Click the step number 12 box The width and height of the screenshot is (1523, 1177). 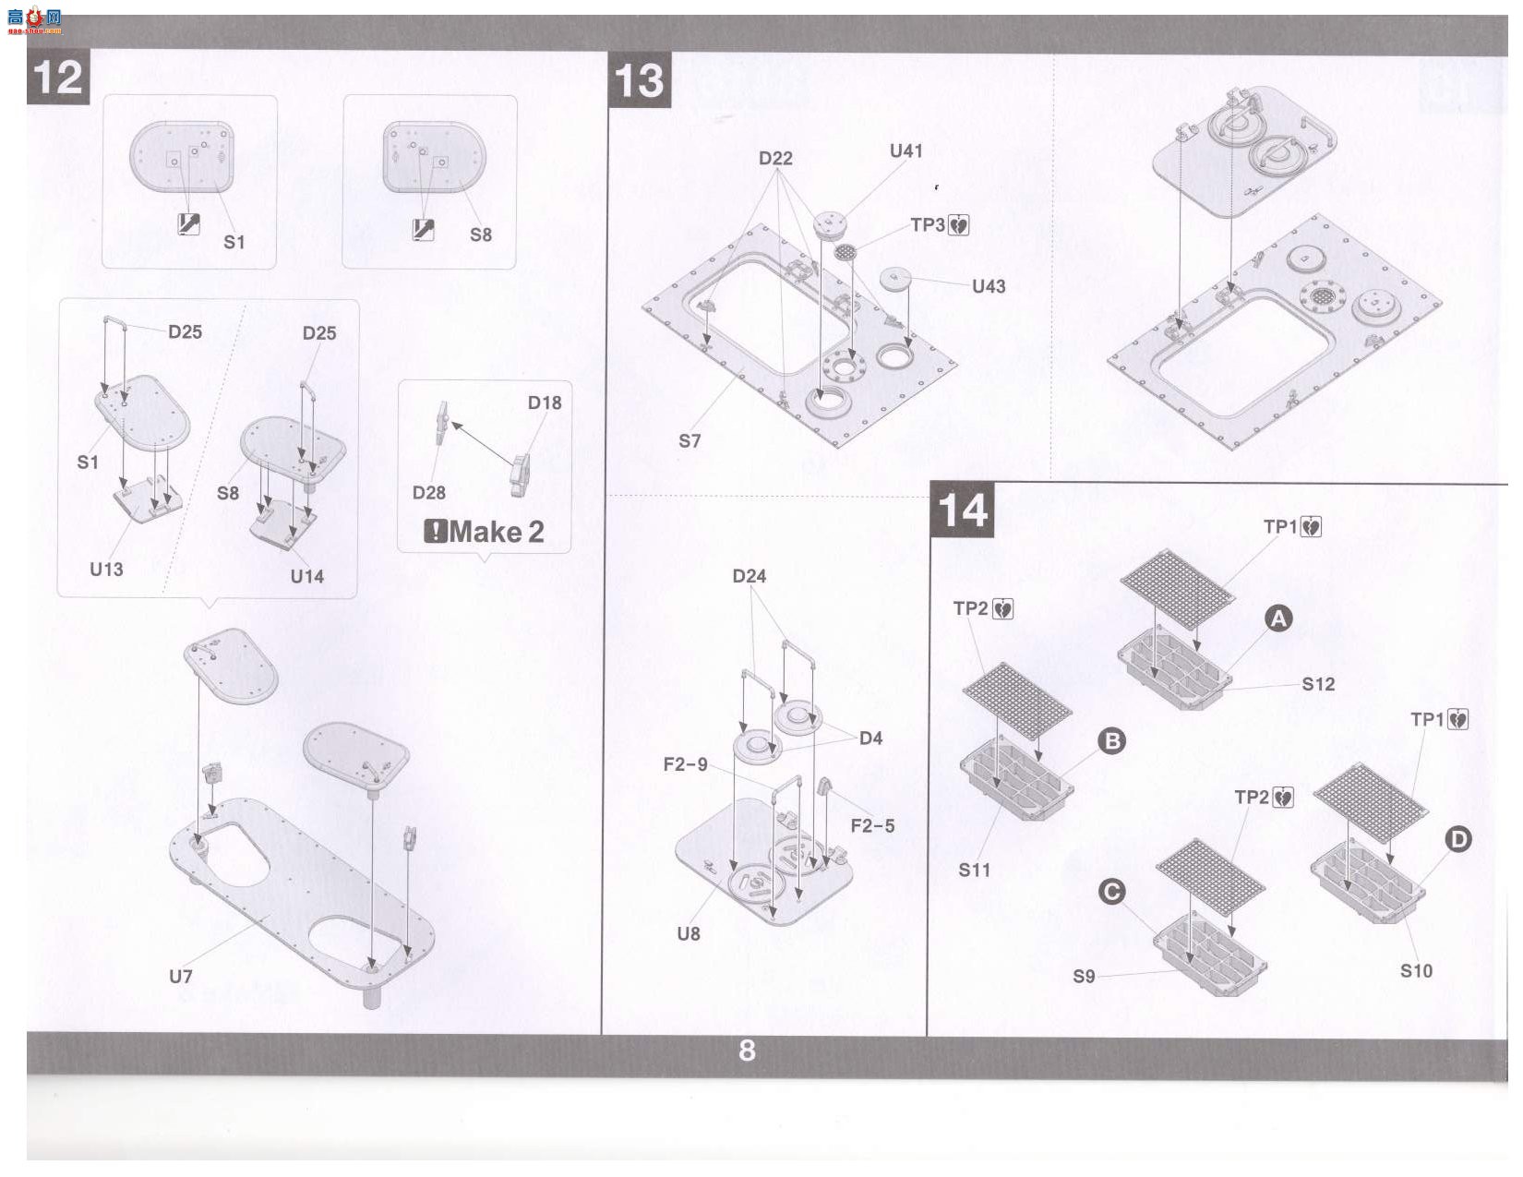tap(58, 78)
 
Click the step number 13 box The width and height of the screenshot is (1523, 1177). tap(639, 80)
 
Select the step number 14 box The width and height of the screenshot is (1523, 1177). tap(963, 510)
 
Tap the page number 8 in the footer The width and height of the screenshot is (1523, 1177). tap(747, 1051)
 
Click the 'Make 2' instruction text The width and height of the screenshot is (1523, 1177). tap(485, 532)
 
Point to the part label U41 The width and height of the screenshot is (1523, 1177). tap(906, 150)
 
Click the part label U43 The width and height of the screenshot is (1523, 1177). tap(989, 286)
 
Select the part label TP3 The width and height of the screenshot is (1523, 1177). tap(928, 225)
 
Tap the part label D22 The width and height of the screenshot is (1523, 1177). tap(776, 159)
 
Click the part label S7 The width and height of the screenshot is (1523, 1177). tap(690, 441)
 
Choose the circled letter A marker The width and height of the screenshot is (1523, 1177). tap(1279, 619)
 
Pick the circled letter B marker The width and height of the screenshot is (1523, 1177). tap(1112, 741)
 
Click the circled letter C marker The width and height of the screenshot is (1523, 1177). tap(1112, 893)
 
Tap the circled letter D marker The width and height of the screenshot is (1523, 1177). tap(1458, 839)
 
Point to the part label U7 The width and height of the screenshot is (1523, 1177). tap(181, 977)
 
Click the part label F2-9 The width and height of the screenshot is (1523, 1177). tap(686, 764)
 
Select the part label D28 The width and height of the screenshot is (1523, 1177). tap(429, 493)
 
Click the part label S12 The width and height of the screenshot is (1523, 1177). tap(1318, 684)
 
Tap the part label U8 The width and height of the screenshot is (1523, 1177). tap(689, 933)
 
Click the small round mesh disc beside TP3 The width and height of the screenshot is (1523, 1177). tap(845, 252)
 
